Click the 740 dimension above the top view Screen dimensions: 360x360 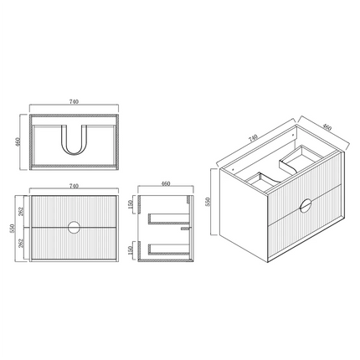point(74,101)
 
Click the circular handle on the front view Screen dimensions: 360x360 point(75,227)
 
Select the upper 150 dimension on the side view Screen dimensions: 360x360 point(131,207)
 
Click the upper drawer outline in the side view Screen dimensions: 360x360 point(167,219)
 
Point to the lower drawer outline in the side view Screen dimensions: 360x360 point(167,247)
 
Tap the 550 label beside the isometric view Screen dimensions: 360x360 point(209,203)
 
